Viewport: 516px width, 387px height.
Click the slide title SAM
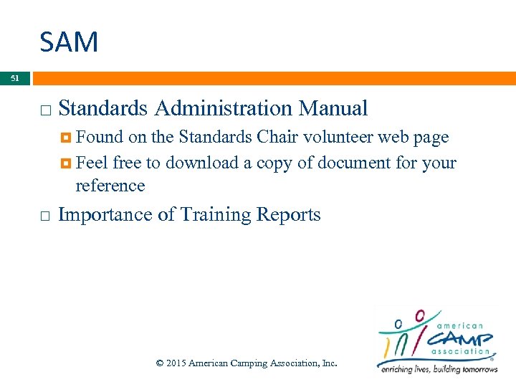point(69,42)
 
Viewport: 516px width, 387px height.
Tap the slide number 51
point(15,78)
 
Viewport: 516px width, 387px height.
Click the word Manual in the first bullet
point(333,108)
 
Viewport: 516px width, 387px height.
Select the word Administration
point(224,108)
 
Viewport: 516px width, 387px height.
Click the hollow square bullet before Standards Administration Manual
point(45,110)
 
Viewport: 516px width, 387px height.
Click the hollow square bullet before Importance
point(45,216)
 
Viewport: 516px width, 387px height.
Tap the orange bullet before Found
point(67,138)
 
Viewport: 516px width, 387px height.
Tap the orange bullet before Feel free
point(67,164)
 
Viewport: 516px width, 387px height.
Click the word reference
point(110,186)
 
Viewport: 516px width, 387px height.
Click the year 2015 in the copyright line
point(175,363)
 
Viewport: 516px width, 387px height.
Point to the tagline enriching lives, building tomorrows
point(439,369)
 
